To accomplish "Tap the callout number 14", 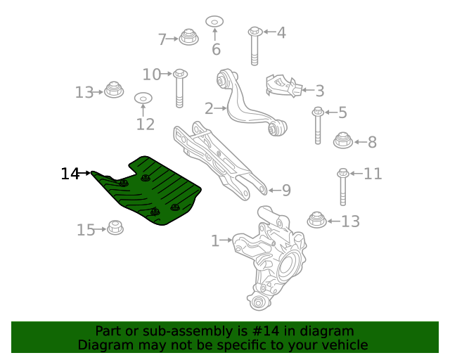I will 70,174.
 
